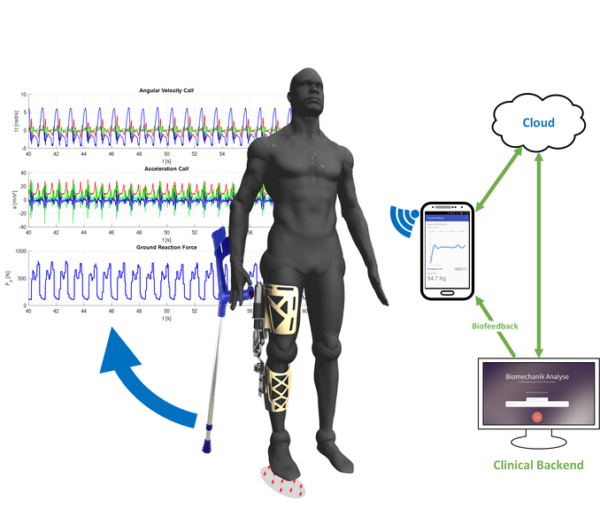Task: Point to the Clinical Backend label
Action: click(537, 465)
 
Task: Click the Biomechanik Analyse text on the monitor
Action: click(536, 377)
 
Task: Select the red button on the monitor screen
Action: click(536, 416)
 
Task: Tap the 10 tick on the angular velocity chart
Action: click(23, 95)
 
